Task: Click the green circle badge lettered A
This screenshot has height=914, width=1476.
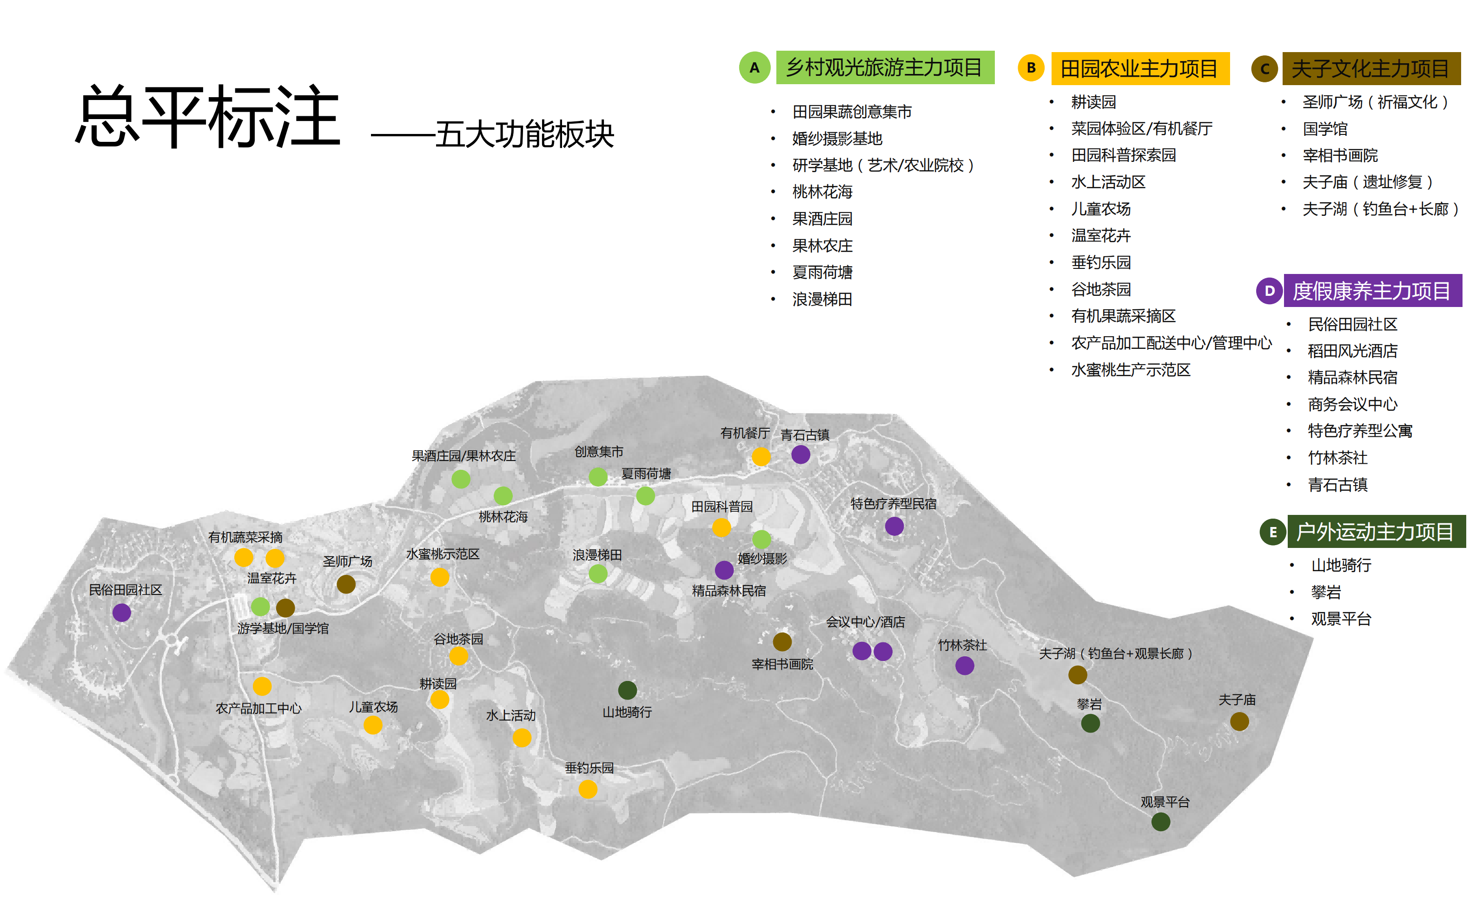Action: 754,68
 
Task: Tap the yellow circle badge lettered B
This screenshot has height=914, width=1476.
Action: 1031,68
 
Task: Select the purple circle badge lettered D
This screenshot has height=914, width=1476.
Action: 1270,291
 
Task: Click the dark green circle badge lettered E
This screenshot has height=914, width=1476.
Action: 1272,532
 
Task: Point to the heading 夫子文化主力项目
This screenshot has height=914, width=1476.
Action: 1370,68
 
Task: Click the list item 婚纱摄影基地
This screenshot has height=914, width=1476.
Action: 837,139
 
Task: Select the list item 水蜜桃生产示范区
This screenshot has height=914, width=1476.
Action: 1131,370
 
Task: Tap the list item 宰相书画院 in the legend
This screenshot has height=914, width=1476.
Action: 1340,155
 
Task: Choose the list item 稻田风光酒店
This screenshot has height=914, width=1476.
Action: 1352,351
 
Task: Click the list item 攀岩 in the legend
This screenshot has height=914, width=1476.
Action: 1325,592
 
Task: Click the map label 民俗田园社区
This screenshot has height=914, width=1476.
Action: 126,590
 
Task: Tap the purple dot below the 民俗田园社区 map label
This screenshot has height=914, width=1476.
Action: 121,612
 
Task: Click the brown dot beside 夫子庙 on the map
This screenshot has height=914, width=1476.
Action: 1239,721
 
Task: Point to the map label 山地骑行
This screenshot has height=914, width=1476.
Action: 627,712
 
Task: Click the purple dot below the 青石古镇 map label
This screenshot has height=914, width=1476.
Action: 801,454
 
